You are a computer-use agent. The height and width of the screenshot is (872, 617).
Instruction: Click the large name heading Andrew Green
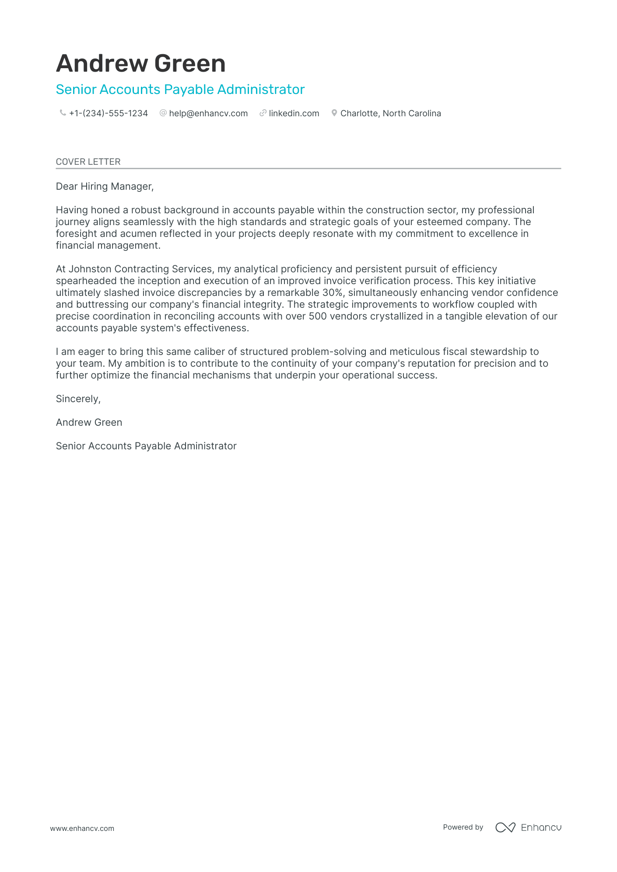(x=140, y=63)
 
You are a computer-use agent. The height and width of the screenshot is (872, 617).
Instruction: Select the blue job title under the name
(x=180, y=89)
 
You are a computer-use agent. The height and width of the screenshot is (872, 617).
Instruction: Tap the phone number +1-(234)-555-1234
(x=108, y=113)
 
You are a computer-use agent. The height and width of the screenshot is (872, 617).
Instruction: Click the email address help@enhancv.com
(x=208, y=113)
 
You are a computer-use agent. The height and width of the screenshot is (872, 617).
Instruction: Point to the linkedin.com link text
(x=294, y=113)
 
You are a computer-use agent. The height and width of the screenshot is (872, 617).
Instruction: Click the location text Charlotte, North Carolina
(x=390, y=113)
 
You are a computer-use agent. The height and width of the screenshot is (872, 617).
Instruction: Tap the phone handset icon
(x=63, y=113)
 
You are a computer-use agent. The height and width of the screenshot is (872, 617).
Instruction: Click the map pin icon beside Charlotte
(x=334, y=113)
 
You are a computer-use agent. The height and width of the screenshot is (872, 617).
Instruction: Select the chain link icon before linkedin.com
(x=263, y=113)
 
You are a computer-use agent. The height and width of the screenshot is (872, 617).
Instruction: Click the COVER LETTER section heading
(x=88, y=162)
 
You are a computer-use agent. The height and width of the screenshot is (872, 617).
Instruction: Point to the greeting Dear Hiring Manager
(x=105, y=186)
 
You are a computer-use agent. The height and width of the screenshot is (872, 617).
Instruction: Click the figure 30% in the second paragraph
(x=332, y=292)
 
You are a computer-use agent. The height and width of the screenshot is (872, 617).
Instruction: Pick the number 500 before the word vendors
(x=318, y=316)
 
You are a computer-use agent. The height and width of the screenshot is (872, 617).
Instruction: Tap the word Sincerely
(x=78, y=399)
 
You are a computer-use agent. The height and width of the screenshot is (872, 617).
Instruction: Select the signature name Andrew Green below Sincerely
(x=89, y=422)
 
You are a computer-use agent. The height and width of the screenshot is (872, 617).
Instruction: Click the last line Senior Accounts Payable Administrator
(x=146, y=446)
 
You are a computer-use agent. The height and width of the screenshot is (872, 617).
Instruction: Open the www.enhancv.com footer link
(x=82, y=828)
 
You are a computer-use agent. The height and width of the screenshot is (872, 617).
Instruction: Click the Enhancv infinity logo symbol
(x=505, y=827)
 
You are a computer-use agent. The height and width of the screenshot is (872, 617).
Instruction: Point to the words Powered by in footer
(x=463, y=827)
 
